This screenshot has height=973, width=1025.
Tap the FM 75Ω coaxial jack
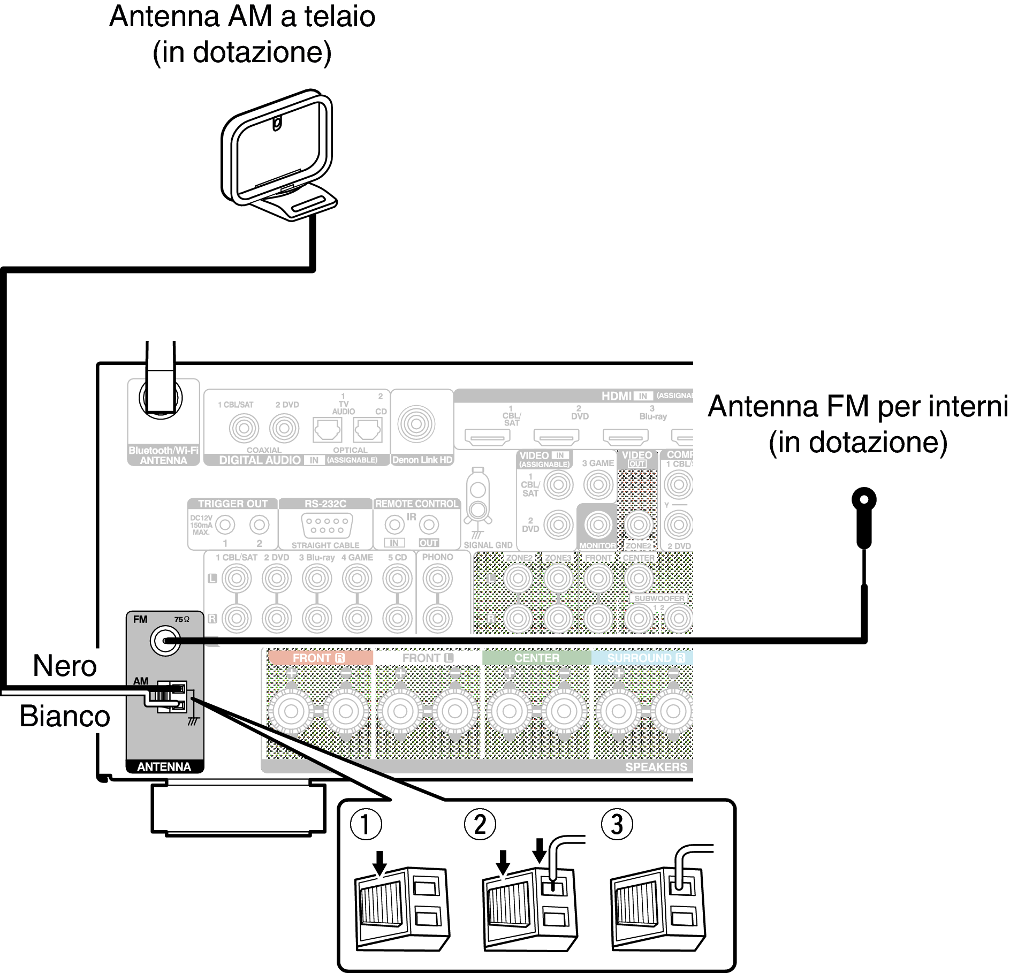(165, 640)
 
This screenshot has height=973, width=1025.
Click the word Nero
(65, 666)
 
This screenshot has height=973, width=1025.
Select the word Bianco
(65, 716)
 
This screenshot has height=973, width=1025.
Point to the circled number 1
(366, 824)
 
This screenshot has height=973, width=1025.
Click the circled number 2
(480, 824)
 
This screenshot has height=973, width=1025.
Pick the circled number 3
(617, 824)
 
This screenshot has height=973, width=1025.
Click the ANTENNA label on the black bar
(164, 766)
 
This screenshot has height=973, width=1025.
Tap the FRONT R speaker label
(319, 658)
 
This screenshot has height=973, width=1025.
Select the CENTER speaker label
(536, 658)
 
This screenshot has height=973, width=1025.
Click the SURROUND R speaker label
(646, 658)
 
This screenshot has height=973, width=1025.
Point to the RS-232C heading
(325, 504)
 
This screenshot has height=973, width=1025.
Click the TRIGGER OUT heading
(232, 504)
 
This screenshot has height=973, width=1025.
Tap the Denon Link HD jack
(416, 424)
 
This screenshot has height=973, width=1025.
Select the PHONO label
(437, 557)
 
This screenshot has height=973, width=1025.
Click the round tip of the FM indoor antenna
(863, 499)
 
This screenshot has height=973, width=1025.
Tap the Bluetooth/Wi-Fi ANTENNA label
(163, 455)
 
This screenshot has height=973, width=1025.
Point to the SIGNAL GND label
(488, 545)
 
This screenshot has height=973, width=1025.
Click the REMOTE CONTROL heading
(416, 504)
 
